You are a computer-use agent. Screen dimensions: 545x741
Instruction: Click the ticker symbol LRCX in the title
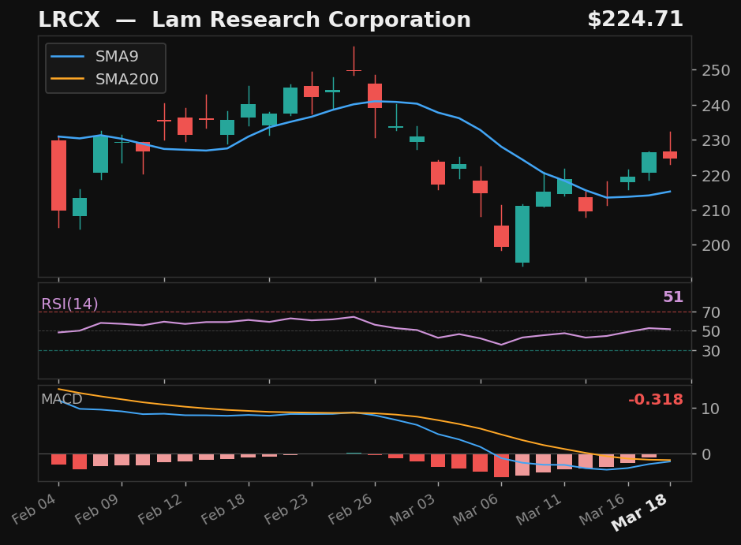click(70, 21)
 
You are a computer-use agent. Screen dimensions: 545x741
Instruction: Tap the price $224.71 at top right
click(634, 20)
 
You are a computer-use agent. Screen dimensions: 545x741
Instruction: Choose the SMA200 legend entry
click(126, 80)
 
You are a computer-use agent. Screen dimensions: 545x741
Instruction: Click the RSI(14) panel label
click(69, 304)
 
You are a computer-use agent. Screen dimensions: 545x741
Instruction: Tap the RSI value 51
click(672, 297)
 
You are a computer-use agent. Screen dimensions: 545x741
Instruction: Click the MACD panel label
click(62, 399)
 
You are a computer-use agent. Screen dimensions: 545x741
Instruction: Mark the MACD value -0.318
click(655, 400)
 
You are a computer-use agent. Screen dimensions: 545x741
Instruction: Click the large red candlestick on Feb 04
click(58, 175)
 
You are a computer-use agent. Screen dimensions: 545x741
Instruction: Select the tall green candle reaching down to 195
click(522, 234)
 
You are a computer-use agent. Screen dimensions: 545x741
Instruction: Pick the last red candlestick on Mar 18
click(670, 155)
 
